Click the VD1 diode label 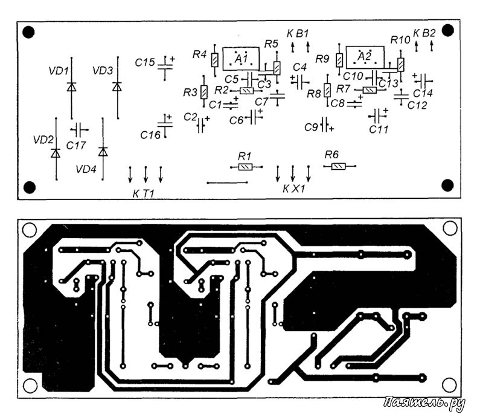(x=59, y=71)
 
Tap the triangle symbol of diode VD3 (x=117, y=86)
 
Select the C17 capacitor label (x=76, y=145)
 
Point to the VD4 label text (x=86, y=169)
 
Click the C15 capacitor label (x=145, y=63)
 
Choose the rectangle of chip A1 (x=241, y=59)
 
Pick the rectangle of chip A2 (x=365, y=57)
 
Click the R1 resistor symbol (x=246, y=167)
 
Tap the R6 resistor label (x=331, y=155)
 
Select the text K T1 (x=144, y=193)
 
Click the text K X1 (x=293, y=189)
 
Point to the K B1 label (x=298, y=33)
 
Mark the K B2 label (x=424, y=33)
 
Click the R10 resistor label (x=401, y=40)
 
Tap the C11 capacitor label (x=379, y=129)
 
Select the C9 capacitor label (x=311, y=127)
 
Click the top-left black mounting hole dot (x=28, y=32)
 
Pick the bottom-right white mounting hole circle (x=449, y=385)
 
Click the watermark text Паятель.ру (x=424, y=403)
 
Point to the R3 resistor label (x=190, y=92)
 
